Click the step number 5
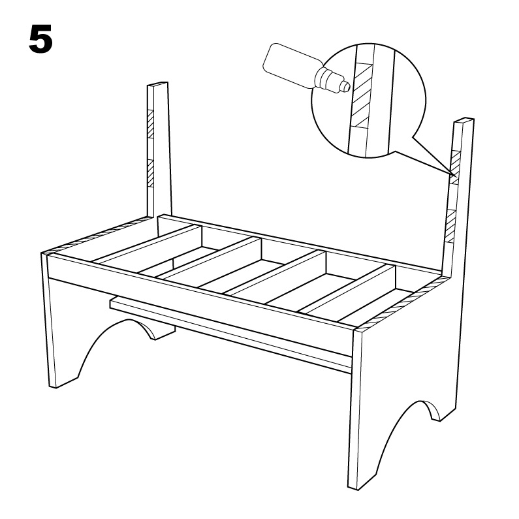(40, 39)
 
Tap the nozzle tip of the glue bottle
(346, 86)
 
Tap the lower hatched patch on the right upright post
(451, 227)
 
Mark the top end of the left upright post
(157, 84)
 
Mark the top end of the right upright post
(464, 120)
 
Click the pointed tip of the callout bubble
(454, 175)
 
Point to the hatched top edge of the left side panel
(96, 236)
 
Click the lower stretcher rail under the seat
(232, 334)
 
